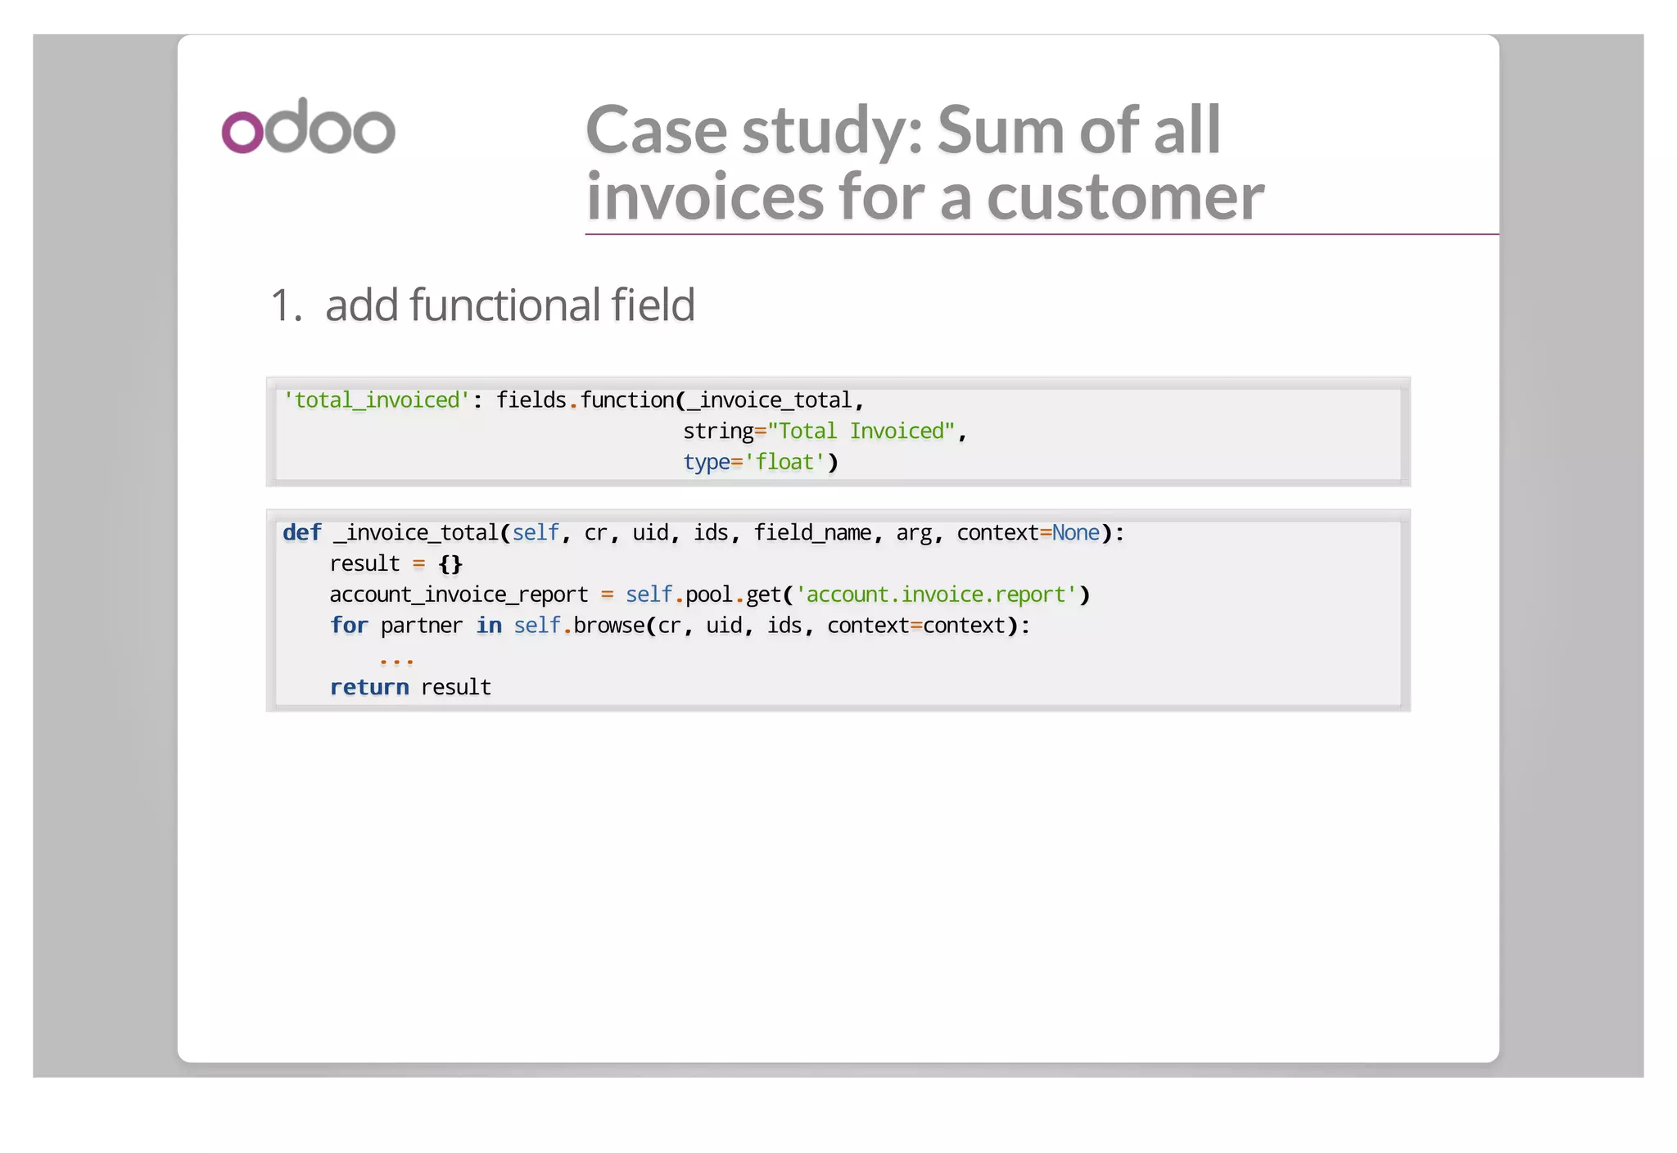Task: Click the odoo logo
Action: click(308, 127)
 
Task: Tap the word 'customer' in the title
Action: click(1125, 197)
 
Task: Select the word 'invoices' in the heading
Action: click(705, 197)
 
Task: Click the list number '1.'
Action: click(286, 305)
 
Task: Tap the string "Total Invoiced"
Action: click(861, 432)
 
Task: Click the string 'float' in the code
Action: click(784, 463)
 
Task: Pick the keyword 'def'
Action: click(302, 533)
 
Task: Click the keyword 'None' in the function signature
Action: click(1075, 533)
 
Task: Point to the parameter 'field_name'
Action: click(812, 533)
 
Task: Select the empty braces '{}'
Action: click(450, 564)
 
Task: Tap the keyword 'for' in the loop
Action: click(349, 626)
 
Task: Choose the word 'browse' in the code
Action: click(609, 626)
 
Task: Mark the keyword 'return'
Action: click(369, 688)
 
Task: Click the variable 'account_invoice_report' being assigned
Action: click(459, 595)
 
